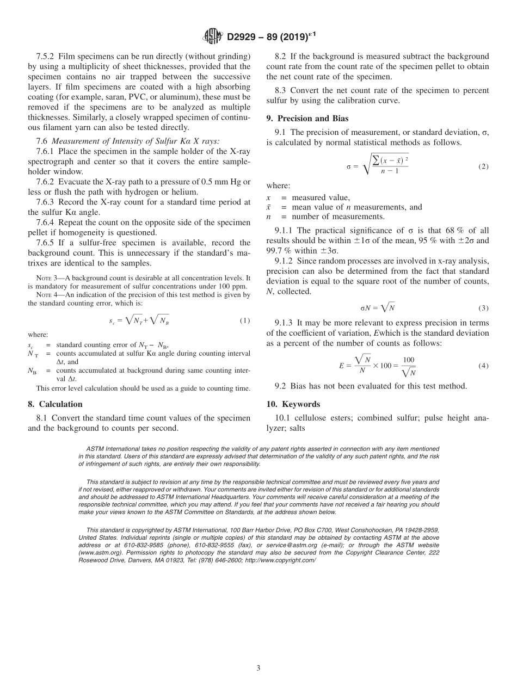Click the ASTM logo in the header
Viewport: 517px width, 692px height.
(x=212, y=36)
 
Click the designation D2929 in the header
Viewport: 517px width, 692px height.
(x=243, y=37)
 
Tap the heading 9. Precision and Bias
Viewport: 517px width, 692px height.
(x=307, y=119)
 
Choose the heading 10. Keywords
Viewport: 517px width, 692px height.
(x=298, y=404)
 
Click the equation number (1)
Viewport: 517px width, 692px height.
(x=245, y=320)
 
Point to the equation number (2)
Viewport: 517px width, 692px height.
(x=483, y=166)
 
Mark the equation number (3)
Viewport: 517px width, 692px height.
(x=483, y=308)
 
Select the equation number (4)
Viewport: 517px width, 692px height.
(x=483, y=366)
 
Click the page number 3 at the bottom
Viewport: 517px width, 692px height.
(x=258, y=668)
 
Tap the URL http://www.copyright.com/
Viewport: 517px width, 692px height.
(x=280, y=560)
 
